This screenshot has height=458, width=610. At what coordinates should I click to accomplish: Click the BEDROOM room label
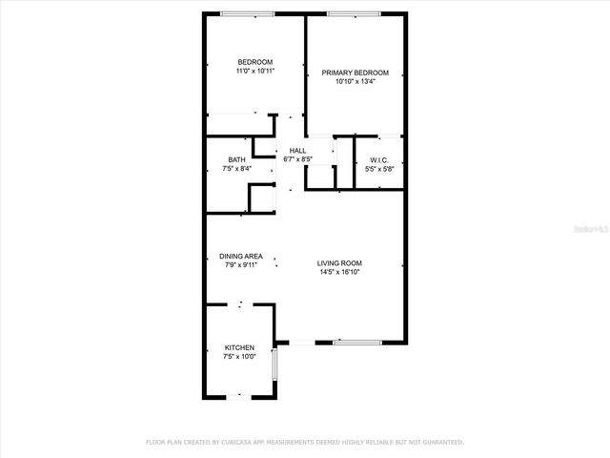(254, 62)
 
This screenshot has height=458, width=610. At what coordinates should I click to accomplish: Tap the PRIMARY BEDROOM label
(356, 73)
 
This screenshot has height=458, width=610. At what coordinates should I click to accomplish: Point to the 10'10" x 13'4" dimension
(356, 82)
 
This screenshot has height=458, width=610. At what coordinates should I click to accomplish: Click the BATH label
(236, 159)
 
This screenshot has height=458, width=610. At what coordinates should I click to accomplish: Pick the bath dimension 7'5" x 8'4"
(236, 169)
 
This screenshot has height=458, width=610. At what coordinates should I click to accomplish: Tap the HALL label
(298, 151)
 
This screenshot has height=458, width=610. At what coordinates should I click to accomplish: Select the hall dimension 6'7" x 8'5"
(298, 159)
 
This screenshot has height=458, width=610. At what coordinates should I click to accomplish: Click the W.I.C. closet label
(377, 159)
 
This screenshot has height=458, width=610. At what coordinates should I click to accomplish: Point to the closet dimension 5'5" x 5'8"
(377, 169)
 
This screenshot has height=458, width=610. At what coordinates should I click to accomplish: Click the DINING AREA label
(241, 256)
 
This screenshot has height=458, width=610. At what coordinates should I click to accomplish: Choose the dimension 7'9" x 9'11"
(241, 265)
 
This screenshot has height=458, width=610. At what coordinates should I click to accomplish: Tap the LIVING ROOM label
(339, 263)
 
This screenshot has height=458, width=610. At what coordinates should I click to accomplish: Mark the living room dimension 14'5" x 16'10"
(339, 273)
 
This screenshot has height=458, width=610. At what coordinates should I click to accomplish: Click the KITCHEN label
(239, 347)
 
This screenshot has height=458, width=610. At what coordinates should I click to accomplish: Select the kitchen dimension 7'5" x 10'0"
(239, 357)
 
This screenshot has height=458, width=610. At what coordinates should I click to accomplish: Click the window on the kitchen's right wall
(274, 364)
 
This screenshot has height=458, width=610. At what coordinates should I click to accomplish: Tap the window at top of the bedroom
(247, 13)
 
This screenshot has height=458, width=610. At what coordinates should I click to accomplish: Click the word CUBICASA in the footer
(242, 443)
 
